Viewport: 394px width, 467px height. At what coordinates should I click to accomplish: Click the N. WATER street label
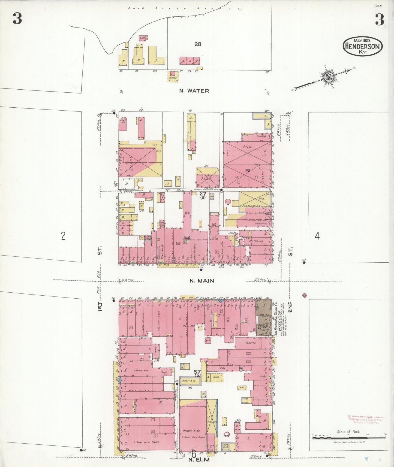pyautogui.click(x=194, y=91)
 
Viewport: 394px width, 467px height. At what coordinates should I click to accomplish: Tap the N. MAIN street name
pyautogui.click(x=202, y=281)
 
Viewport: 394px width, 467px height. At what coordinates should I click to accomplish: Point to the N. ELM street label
pyautogui.click(x=199, y=460)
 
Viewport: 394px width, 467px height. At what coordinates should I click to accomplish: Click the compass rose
pyautogui.click(x=327, y=77)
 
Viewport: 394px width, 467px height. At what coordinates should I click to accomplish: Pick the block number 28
pyautogui.click(x=198, y=44)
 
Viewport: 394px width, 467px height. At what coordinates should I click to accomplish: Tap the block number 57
pyautogui.click(x=197, y=372)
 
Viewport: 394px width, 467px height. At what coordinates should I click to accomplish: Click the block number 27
pyautogui.click(x=203, y=193)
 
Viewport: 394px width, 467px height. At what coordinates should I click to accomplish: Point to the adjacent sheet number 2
pyautogui.click(x=63, y=236)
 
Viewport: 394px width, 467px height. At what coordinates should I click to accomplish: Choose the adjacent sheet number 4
pyautogui.click(x=317, y=236)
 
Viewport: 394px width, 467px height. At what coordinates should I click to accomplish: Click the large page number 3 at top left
pyautogui.click(x=17, y=19)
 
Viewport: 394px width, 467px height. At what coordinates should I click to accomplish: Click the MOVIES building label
pyautogui.click(x=251, y=343)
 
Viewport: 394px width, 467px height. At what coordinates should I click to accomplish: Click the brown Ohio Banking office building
pyautogui.click(x=263, y=317)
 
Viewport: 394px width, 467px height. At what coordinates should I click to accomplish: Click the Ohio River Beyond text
pyautogui.click(x=184, y=8)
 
